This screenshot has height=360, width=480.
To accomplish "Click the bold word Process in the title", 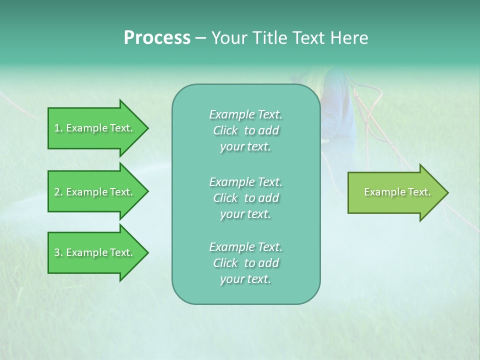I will pyautogui.click(x=157, y=38).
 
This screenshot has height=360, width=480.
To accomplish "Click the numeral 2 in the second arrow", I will pyautogui.click(x=57, y=192).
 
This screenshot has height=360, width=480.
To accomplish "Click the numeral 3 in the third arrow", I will pyautogui.click(x=57, y=252).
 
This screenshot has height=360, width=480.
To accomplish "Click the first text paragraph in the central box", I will pyautogui.click(x=245, y=130).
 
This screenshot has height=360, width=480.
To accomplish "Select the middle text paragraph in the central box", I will pyautogui.click(x=245, y=197).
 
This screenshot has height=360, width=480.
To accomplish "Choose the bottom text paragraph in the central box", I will pyautogui.click(x=245, y=263).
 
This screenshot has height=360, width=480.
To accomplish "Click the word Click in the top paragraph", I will pyautogui.click(x=225, y=130).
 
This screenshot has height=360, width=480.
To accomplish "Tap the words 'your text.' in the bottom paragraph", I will pyautogui.click(x=245, y=279).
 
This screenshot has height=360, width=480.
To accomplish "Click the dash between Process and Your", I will pyautogui.click(x=200, y=38).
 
